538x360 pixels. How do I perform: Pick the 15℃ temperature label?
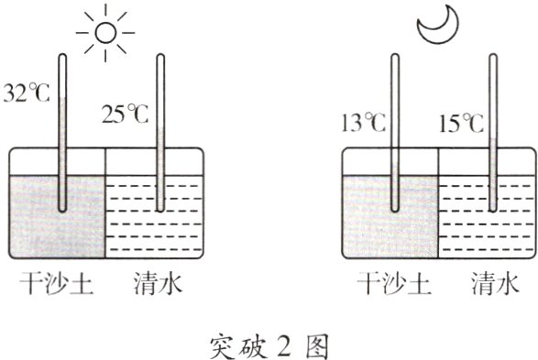pos(460,121)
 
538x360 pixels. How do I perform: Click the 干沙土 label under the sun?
pos(55,285)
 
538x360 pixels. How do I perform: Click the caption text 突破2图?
pos(268,344)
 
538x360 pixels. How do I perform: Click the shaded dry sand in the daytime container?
pos(37,220)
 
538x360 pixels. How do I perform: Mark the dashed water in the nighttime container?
pos(467,220)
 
